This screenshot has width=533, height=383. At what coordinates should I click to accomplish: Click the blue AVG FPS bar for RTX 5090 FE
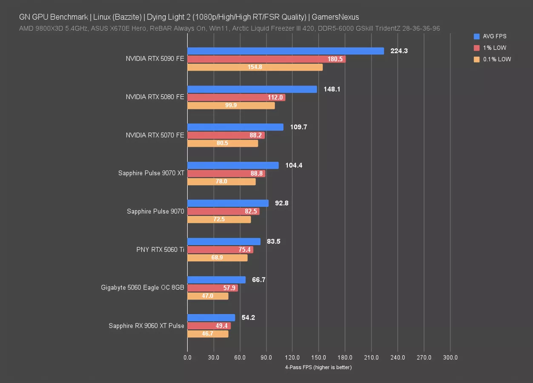[x=285, y=51]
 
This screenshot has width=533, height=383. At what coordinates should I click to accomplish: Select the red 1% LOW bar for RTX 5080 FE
[x=236, y=97]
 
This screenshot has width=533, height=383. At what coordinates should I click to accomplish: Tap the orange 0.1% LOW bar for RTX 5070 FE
[x=223, y=143]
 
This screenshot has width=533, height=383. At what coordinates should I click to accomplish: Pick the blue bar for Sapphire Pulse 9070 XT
[x=233, y=166]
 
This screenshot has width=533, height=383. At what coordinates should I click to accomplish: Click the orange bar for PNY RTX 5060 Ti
[x=217, y=258]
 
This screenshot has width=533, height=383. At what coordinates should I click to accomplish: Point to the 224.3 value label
[x=399, y=51]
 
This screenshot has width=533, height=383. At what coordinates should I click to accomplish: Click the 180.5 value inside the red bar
[x=335, y=59]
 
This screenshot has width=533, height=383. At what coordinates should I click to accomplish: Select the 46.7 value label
[x=207, y=334]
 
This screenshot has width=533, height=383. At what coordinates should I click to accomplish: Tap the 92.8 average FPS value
[x=282, y=203]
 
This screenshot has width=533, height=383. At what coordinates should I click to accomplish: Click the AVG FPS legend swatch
[x=476, y=37]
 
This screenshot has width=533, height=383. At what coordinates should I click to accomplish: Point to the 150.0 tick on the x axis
[x=319, y=358]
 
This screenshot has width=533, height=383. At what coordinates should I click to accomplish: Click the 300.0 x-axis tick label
[x=450, y=358]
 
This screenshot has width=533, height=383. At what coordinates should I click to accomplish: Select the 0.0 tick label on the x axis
[x=187, y=358]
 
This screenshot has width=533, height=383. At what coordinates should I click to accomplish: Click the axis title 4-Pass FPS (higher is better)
[x=318, y=367]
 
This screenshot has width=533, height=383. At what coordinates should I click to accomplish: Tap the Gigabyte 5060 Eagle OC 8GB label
[x=143, y=288]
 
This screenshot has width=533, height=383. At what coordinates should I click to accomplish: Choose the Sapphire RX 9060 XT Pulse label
[x=146, y=326]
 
